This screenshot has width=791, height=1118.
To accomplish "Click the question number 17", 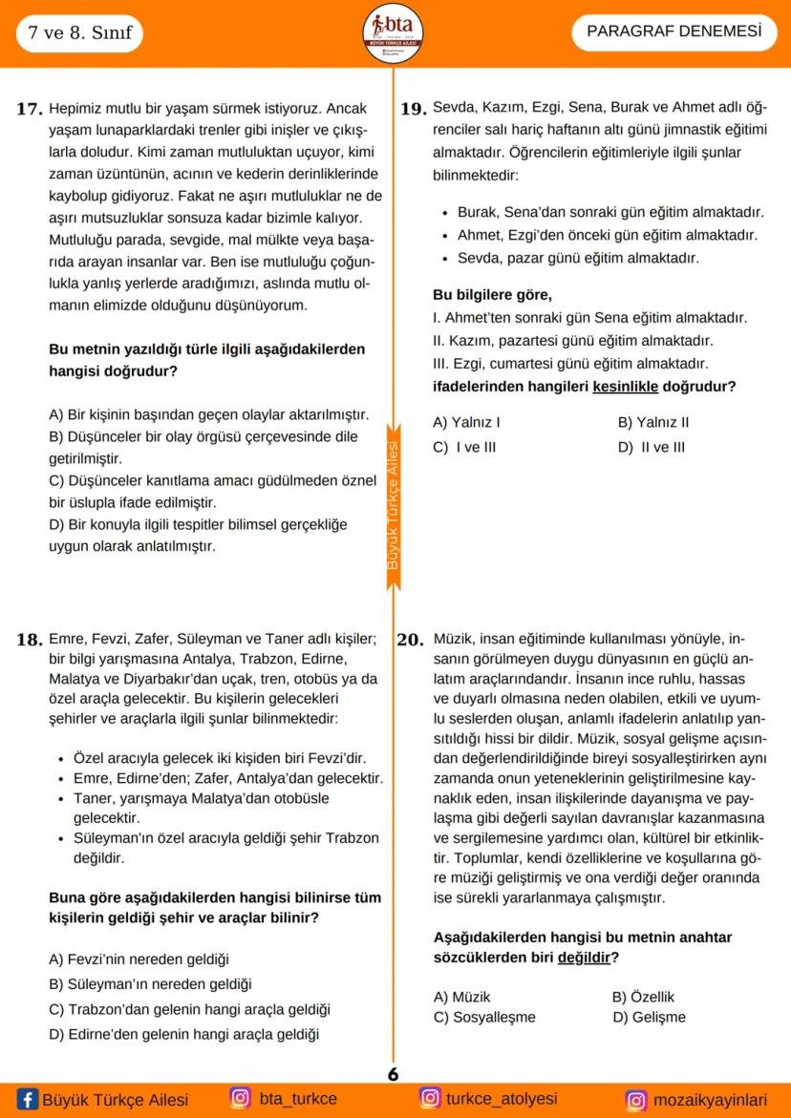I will (30, 109).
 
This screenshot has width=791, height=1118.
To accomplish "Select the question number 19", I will (413, 109).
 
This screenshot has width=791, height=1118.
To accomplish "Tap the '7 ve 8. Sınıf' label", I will (73, 34).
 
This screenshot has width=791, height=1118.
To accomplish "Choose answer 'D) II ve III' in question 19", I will (652, 447).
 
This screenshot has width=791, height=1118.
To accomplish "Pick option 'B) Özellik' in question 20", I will (643, 996).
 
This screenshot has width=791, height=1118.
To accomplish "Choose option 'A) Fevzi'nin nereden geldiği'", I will (139, 959).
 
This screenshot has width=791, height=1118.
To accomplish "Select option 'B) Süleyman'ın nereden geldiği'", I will (149, 983).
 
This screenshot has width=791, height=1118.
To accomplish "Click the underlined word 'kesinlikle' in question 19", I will (626, 387).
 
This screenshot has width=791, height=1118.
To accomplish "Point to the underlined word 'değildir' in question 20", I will (584, 958).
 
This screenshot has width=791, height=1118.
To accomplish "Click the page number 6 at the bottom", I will (393, 1073).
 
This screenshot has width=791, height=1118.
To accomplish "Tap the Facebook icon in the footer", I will (28, 1100).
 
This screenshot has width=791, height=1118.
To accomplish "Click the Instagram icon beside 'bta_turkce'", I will (240, 1099).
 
